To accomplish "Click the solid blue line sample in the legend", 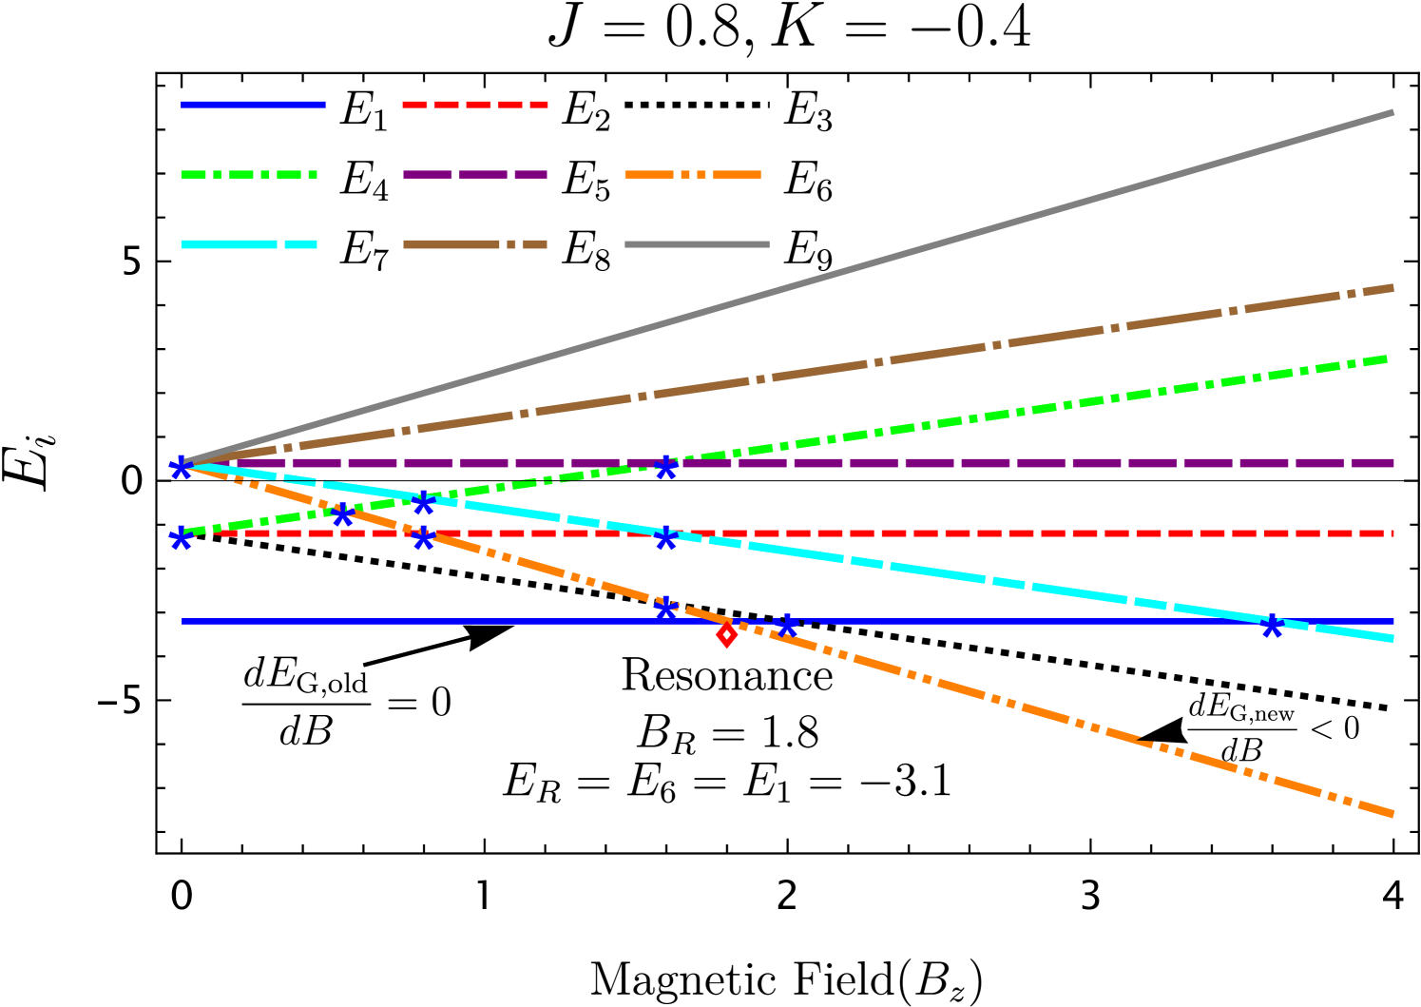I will pyautogui.click(x=253, y=105).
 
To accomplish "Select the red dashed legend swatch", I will pyautogui.click(x=475, y=105).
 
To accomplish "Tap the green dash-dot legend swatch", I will pyautogui.click(x=249, y=175).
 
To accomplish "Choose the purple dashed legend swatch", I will pyautogui.click(x=475, y=175).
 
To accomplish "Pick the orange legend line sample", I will pyautogui.click(x=693, y=175).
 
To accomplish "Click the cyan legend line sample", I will pyautogui.click(x=249, y=244).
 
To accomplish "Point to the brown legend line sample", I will pyautogui.click(x=475, y=244).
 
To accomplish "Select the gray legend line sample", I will pyautogui.click(x=697, y=244).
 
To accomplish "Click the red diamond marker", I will pyautogui.click(x=727, y=634).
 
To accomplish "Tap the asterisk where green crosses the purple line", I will pyautogui.click(x=666, y=467).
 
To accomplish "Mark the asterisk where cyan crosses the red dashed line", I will pyautogui.click(x=666, y=538).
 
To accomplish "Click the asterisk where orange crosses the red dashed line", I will pyautogui.click(x=424, y=538).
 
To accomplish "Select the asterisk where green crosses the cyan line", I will pyautogui.click(x=424, y=503).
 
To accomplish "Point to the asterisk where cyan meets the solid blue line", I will pyautogui.click(x=1272, y=626).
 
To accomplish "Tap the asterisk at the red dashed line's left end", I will pyautogui.click(x=181, y=539).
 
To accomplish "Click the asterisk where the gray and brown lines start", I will pyautogui.click(x=181, y=467).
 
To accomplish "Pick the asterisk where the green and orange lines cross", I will pyautogui.click(x=343, y=514).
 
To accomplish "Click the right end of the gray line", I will pyautogui.click(x=1393, y=112).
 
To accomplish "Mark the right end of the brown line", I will pyautogui.click(x=1393, y=287).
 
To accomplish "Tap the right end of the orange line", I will pyautogui.click(x=1393, y=815).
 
